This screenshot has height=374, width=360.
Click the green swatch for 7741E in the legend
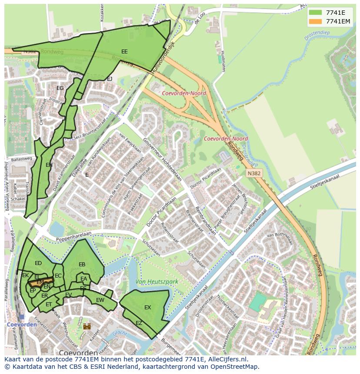(315, 13)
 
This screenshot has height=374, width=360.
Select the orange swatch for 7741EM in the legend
(315, 21)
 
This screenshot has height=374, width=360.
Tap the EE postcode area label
(124, 52)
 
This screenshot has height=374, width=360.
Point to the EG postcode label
(60, 88)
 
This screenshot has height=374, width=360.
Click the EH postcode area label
(49, 165)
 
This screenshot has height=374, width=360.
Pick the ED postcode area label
(38, 263)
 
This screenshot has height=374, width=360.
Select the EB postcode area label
(82, 265)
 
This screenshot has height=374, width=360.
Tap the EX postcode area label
(147, 308)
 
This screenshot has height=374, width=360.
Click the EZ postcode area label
(139, 323)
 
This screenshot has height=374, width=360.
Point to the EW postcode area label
(100, 300)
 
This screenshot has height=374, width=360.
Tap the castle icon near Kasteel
(87, 326)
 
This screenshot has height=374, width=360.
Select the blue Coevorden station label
(15, 324)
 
